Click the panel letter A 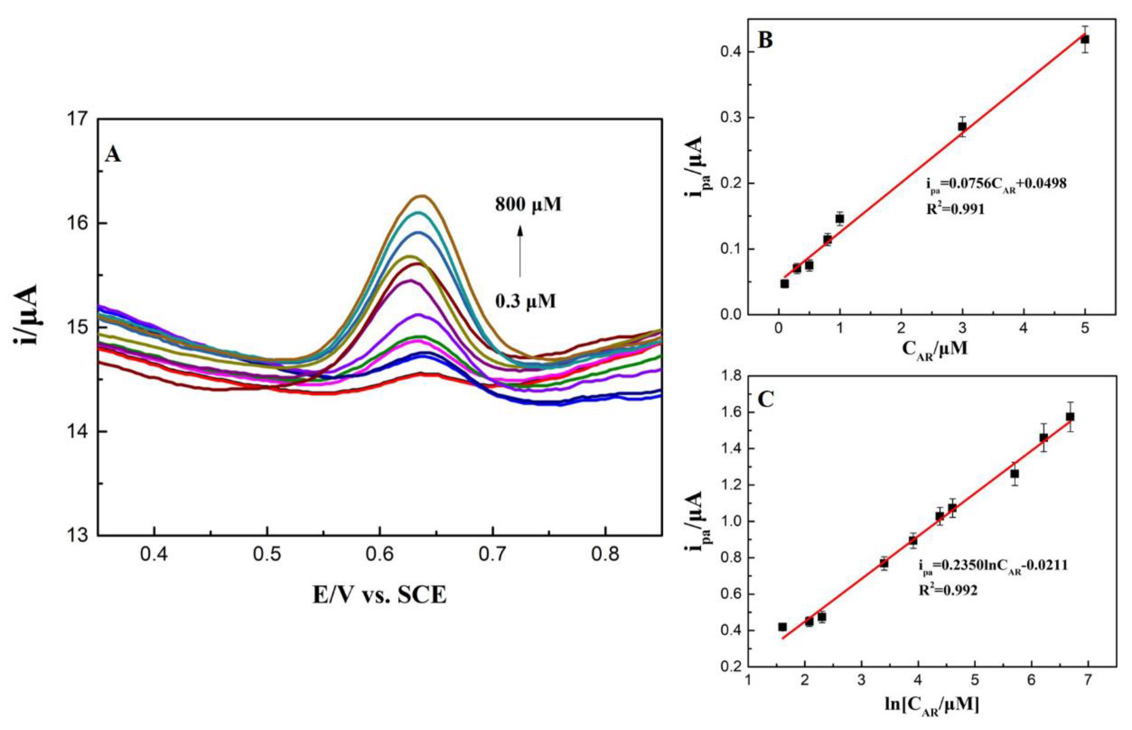pos(113,154)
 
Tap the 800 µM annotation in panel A pos(528,204)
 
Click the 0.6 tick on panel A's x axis pos(380,554)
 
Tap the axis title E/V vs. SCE pos(380,595)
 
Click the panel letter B pos(765,40)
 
